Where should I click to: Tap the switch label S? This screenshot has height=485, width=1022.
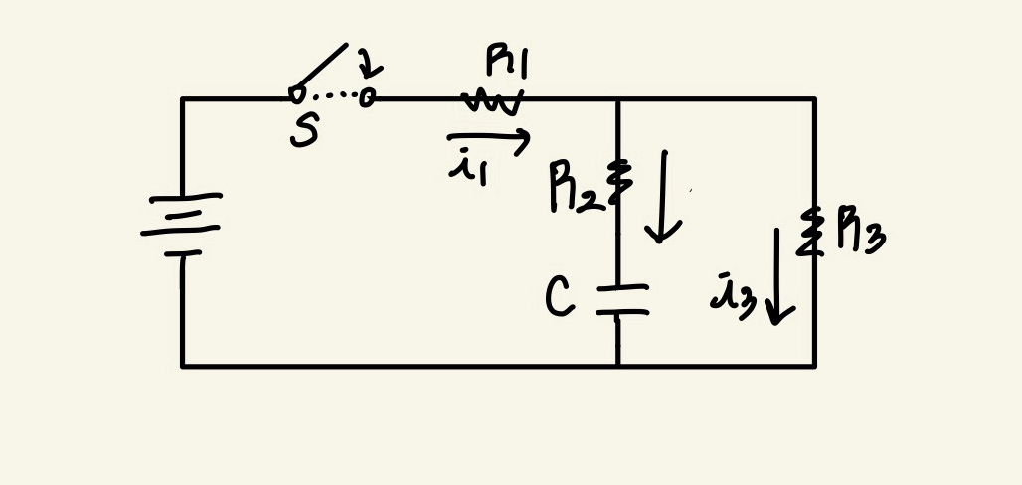tap(303, 131)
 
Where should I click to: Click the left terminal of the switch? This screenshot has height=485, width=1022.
tap(295, 95)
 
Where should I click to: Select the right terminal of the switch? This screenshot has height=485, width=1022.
tap(367, 97)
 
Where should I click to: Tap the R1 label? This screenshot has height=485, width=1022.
tap(508, 63)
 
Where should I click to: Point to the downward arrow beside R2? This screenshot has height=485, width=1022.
tap(661, 197)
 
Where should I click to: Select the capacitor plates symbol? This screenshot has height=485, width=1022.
tap(621, 300)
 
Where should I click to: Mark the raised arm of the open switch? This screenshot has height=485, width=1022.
tap(321, 70)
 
